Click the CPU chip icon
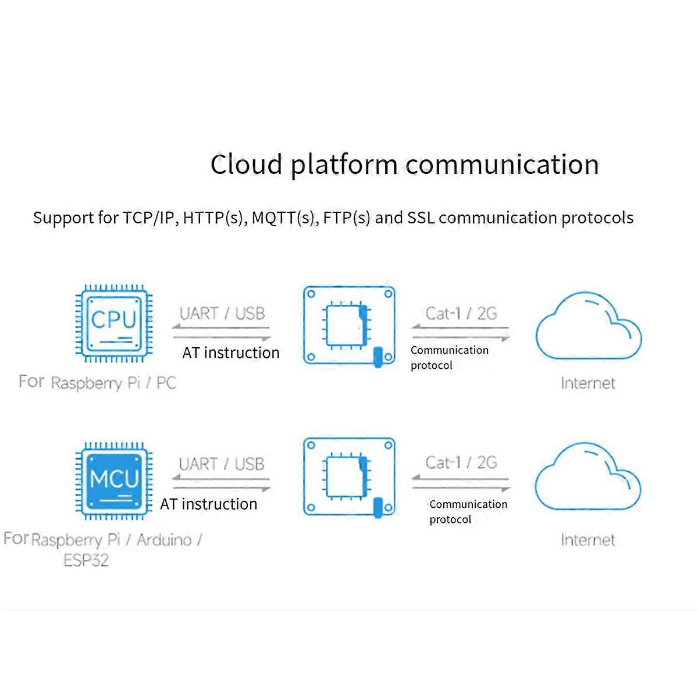coord(114,323)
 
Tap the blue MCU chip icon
coord(114,480)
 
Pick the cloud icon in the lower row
coord(587,478)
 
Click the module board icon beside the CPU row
coord(349,326)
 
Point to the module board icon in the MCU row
coord(349,478)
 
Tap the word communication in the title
coord(502,165)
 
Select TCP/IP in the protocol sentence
coord(149,218)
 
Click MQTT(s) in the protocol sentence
coord(284,218)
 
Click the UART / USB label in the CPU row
coord(222,314)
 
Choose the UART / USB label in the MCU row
coord(222,464)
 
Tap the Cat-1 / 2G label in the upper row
coord(461,314)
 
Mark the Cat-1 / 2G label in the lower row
coord(461,463)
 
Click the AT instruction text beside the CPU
coord(231,352)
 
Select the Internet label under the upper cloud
coord(588,383)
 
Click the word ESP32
coord(86,561)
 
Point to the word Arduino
coord(164,540)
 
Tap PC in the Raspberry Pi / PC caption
coord(166,383)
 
